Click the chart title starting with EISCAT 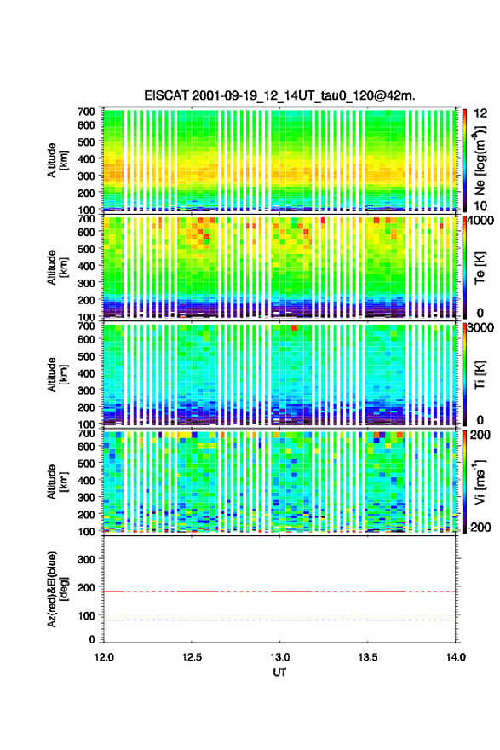[x=279, y=95]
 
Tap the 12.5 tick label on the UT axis [x=192, y=657]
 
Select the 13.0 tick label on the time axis [x=279, y=657]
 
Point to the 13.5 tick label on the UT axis [x=368, y=657]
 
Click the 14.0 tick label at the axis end [x=456, y=657]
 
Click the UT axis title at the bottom [x=279, y=672]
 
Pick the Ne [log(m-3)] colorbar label [x=480, y=160]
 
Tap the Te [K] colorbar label [x=480, y=268]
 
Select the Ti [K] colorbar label [x=480, y=375]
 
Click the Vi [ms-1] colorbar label [x=480, y=482]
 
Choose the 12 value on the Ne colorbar [x=480, y=113]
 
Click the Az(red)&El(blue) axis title [x=56, y=589]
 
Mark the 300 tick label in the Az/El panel [x=86, y=559]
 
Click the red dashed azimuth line [x=279, y=591]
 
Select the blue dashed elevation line [x=279, y=620]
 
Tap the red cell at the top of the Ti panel [x=295, y=327]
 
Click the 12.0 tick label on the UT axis [x=104, y=657]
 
